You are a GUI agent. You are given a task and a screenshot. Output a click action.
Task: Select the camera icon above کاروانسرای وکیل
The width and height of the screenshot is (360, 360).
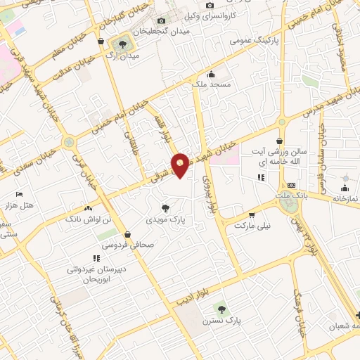coord(210,6)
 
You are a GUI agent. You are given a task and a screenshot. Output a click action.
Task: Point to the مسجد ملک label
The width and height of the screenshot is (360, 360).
coord(211,84)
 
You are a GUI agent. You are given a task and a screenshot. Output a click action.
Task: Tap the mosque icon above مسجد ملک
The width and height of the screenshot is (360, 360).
coord(211,74)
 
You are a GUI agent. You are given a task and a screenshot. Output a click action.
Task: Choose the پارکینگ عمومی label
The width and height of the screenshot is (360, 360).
coord(254,41)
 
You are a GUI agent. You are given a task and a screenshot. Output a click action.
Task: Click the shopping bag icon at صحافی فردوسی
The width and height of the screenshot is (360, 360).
coord(127,235)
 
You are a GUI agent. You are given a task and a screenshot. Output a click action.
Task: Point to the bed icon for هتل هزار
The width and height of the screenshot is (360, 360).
coord(19,193)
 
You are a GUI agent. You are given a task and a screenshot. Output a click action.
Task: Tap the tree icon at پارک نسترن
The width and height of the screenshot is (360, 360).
coord(221,309)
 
